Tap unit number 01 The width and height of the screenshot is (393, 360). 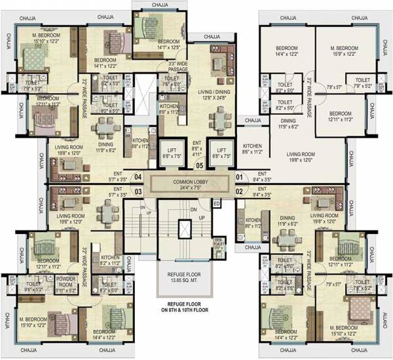coord(238,176)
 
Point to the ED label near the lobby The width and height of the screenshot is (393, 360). coord(217,203)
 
